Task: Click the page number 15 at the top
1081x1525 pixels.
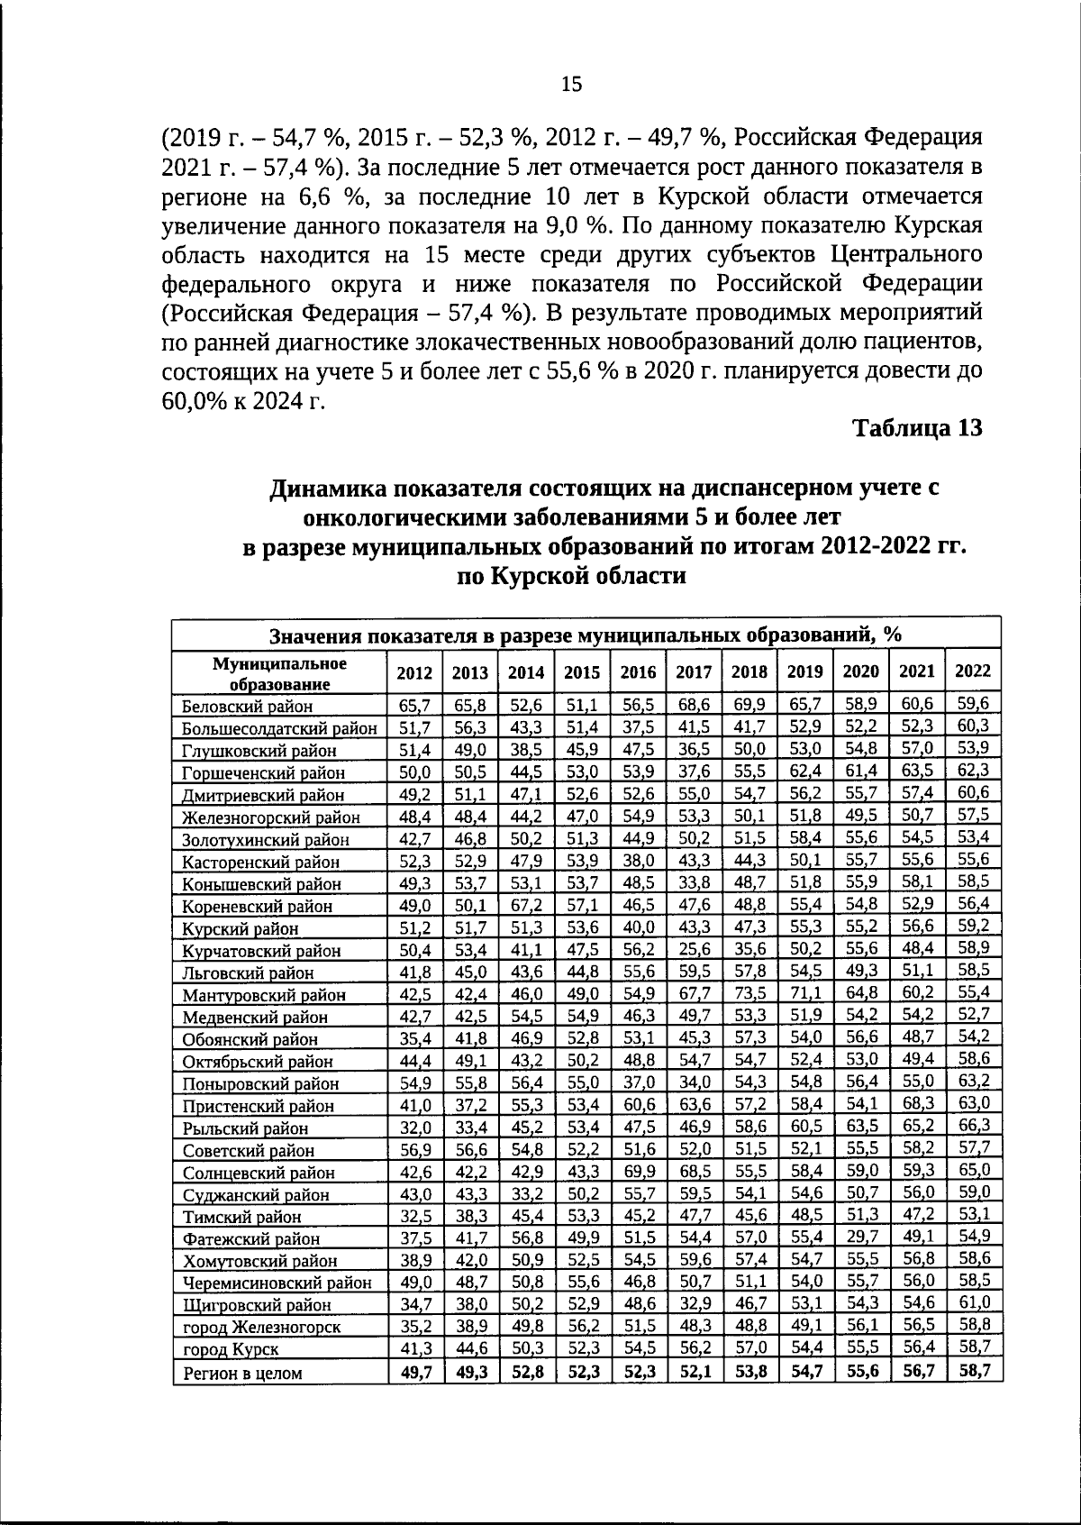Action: pos(571,85)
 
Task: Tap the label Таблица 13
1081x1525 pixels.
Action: pos(916,428)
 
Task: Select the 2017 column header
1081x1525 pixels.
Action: pos(694,672)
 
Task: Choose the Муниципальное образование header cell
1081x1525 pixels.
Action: pos(279,673)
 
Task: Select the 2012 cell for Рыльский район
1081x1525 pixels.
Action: pos(415,1128)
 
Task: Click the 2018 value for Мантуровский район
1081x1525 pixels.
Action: pos(749,994)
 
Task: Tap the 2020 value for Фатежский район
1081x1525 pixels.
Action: pos(861,1237)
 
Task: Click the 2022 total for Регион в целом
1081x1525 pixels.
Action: pos(973,1371)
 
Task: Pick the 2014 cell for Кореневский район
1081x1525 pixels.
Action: pos(526,906)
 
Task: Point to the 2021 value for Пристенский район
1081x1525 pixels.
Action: pos(917,1103)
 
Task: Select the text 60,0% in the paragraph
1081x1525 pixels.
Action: pos(191,401)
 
